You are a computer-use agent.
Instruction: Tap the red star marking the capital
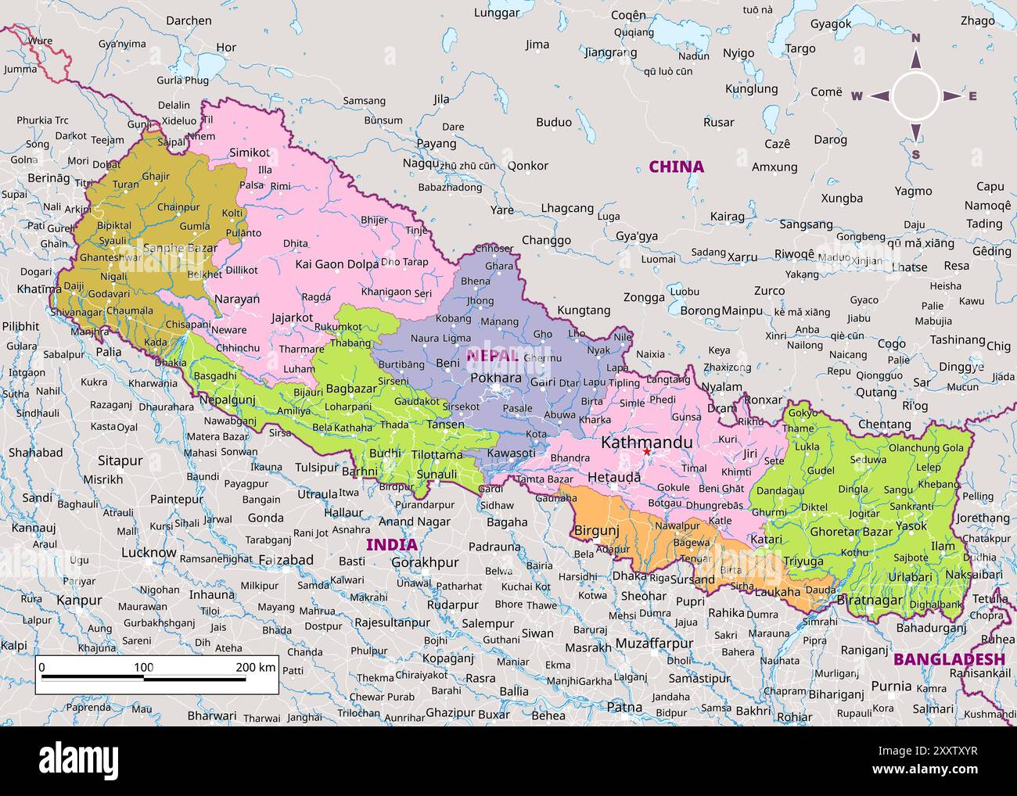pos(646,452)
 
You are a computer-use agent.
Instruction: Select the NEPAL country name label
pos(492,356)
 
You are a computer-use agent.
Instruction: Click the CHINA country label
pos(676,167)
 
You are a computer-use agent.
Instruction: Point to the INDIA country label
pos(392,544)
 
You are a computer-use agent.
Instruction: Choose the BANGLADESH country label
pos(948,659)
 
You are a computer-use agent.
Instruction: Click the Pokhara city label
pos(496,378)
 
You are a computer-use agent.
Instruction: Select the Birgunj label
pos(596,530)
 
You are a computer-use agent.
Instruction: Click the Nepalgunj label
pos(228,400)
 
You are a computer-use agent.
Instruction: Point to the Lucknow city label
pos(149,552)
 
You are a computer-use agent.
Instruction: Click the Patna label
pos(624,707)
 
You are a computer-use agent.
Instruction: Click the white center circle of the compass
pos(915,96)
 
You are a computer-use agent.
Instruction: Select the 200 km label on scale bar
pos(256,667)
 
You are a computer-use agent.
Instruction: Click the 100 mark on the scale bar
pos(144,667)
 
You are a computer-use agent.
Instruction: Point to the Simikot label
pos(249,152)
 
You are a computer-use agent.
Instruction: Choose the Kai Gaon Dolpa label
pos(336,264)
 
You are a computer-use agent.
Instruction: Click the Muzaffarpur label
pos(654,644)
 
